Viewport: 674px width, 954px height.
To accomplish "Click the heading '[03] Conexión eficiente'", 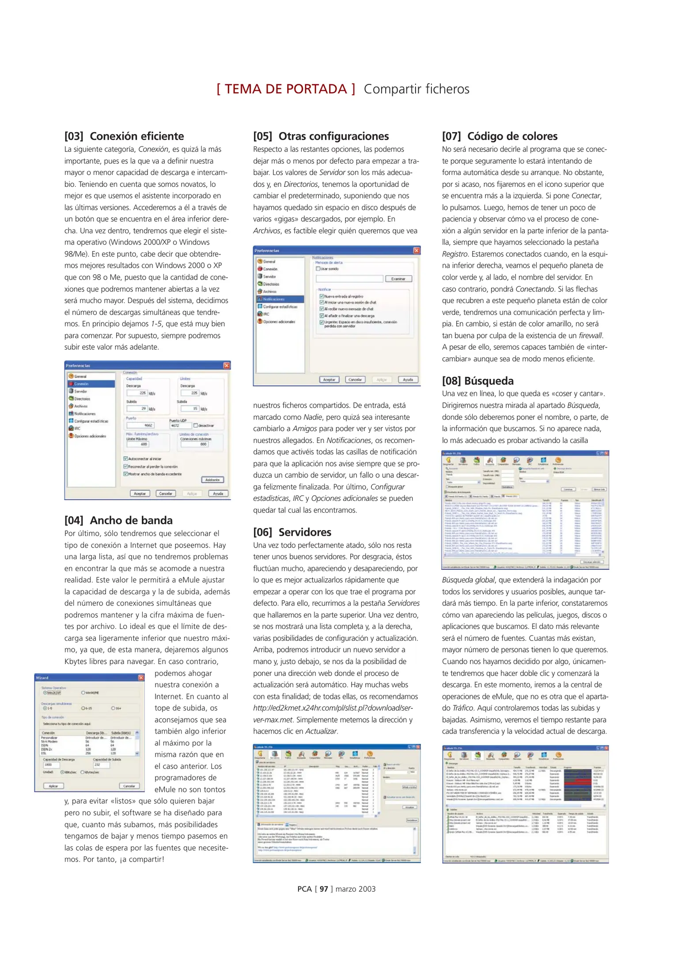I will click(x=124, y=136).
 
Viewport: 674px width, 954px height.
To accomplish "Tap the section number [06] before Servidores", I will click(x=262, y=532).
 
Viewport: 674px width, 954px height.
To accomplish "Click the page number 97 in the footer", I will click(x=324, y=889).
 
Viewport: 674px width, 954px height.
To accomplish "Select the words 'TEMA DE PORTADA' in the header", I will click(x=286, y=89).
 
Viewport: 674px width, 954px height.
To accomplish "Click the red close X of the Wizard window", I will click(x=141, y=678).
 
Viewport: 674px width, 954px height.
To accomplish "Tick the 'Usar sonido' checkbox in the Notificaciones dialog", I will click(x=318, y=269).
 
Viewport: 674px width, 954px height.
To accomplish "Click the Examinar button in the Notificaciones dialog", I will click(x=398, y=279).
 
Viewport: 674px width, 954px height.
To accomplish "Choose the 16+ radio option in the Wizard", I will click(x=113, y=708).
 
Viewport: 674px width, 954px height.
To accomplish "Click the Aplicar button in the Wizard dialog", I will click(x=53, y=786).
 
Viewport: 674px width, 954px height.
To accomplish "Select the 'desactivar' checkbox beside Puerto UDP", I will click(x=196, y=425).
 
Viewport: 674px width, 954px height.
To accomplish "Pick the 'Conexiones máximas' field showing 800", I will click(x=194, y=444).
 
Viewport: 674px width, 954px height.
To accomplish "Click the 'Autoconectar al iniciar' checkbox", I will click(x=126, y=458).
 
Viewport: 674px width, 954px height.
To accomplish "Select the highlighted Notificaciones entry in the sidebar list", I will click(x=274, y=299).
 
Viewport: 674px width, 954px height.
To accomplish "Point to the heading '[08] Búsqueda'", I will click(x=477, y=381).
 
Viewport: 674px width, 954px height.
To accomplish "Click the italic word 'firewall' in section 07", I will click(x=590, y=335).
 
